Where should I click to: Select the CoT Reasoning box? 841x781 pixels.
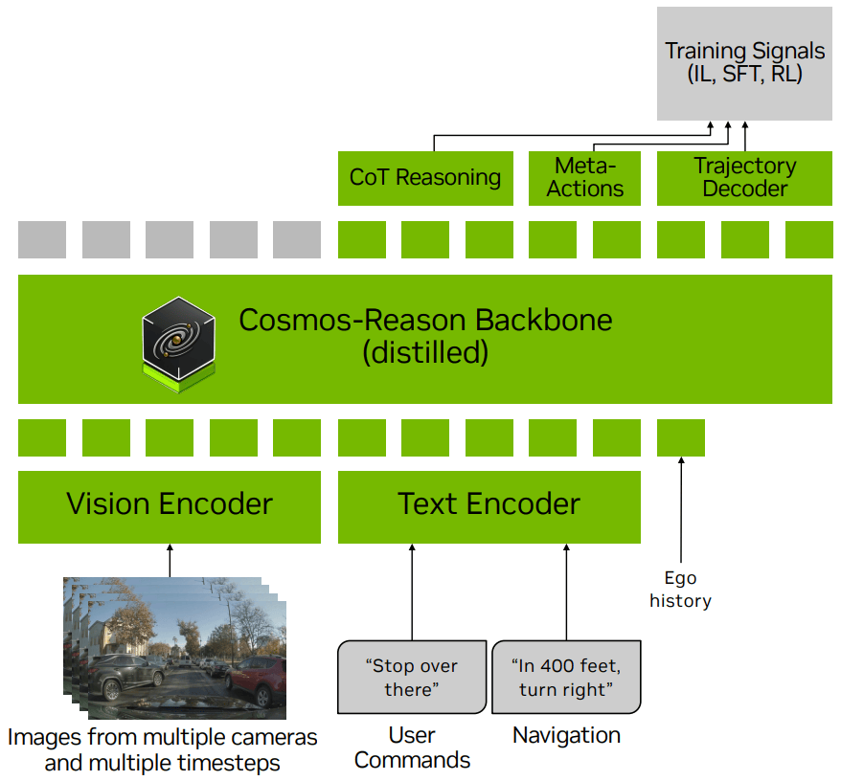[x=424, y=177]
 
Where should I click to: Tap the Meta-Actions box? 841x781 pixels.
[x=585, y=177]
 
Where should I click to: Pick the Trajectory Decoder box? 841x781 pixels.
[x=744, y=177]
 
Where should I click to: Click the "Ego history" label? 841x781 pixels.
[x=680, y=590]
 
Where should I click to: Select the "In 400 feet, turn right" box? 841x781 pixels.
[x=566, y=678]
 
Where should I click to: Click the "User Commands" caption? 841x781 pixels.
[x=413, y=748]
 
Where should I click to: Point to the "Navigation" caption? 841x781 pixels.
[x=566, y=735]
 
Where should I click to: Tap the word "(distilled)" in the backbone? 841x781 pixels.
[x=425, y=353]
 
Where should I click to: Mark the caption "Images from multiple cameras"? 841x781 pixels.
[x=163, y=738]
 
